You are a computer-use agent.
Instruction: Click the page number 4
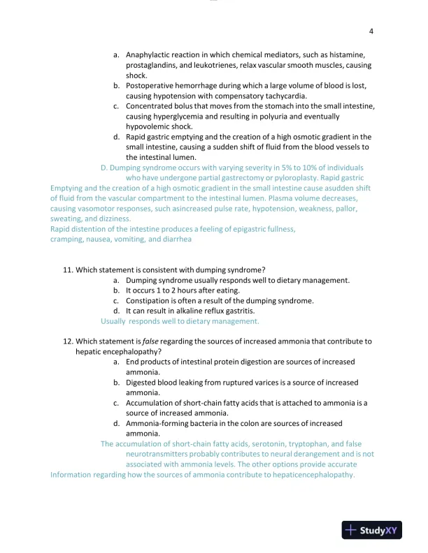click(x=371, y=31)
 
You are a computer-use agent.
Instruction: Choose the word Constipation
click(x=150, y=301)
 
